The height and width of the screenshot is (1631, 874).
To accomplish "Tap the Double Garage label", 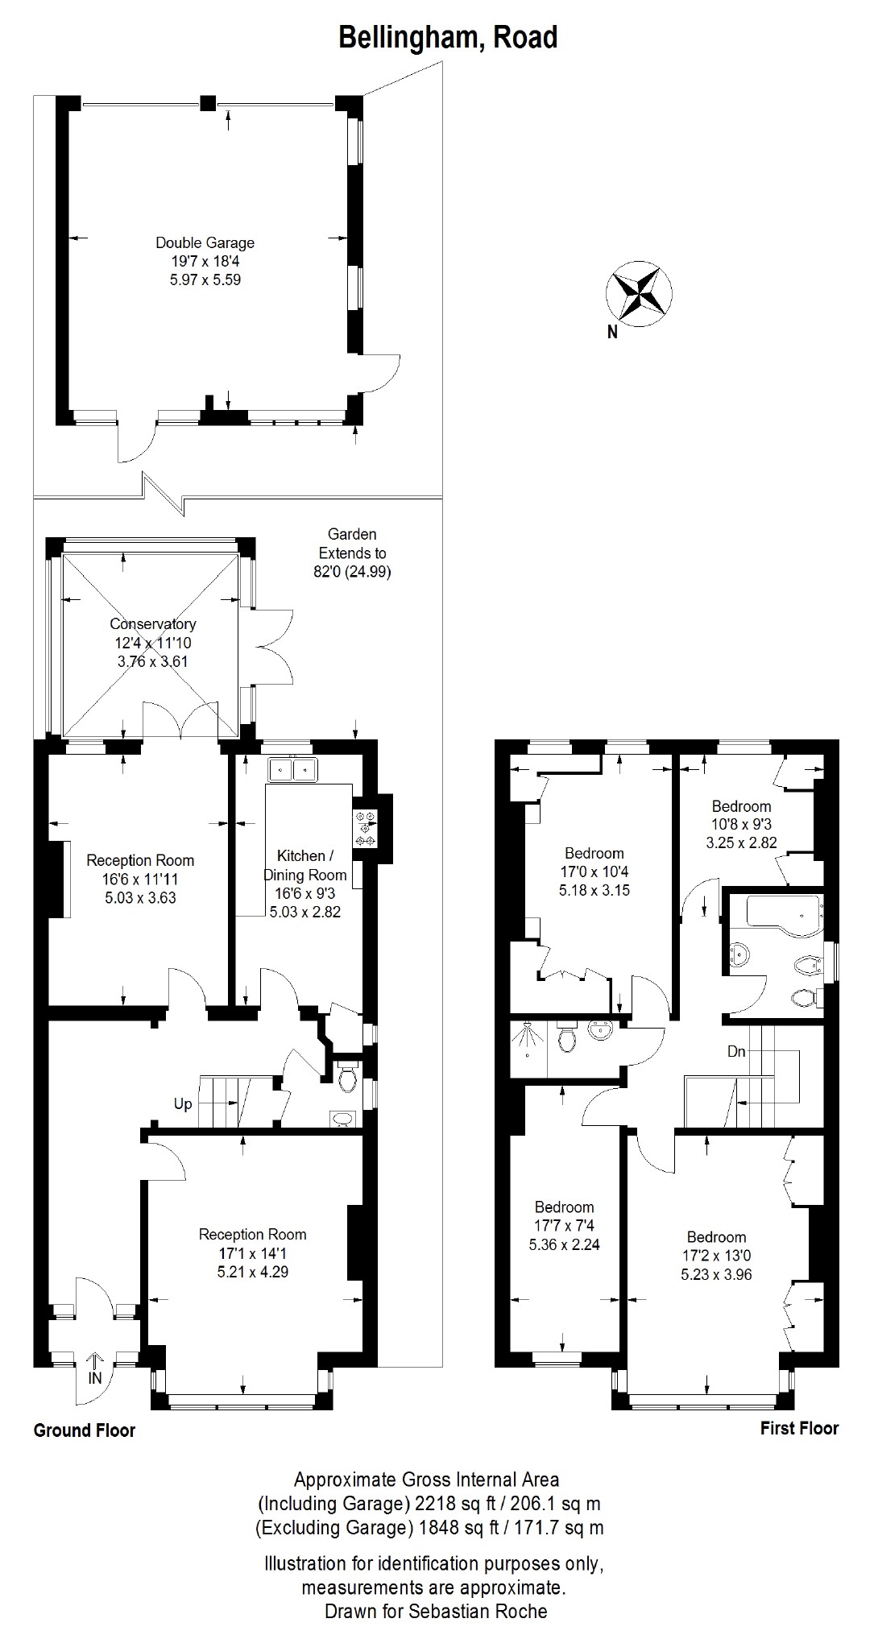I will pos(205,242).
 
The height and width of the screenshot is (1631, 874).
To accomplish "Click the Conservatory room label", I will pos(153,624).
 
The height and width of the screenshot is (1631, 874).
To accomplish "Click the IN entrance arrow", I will pos(95,1362).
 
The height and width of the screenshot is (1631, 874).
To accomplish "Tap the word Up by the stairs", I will pos(183,1103).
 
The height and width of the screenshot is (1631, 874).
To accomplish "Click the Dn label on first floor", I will pos(736,1051).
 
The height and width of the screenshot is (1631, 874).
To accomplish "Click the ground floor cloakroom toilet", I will pos(348,1080).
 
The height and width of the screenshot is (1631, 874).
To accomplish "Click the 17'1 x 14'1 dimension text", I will pos(252,1254).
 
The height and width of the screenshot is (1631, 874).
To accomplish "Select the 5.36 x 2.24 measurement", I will pos(564,1244).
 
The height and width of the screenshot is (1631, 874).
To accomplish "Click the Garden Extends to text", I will pos(352,544).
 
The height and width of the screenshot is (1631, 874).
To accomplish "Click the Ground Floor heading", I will pos(85,1430).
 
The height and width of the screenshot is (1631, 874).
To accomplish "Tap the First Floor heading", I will pos(799,1428).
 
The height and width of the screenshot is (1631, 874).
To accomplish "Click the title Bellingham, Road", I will pos(448,37).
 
